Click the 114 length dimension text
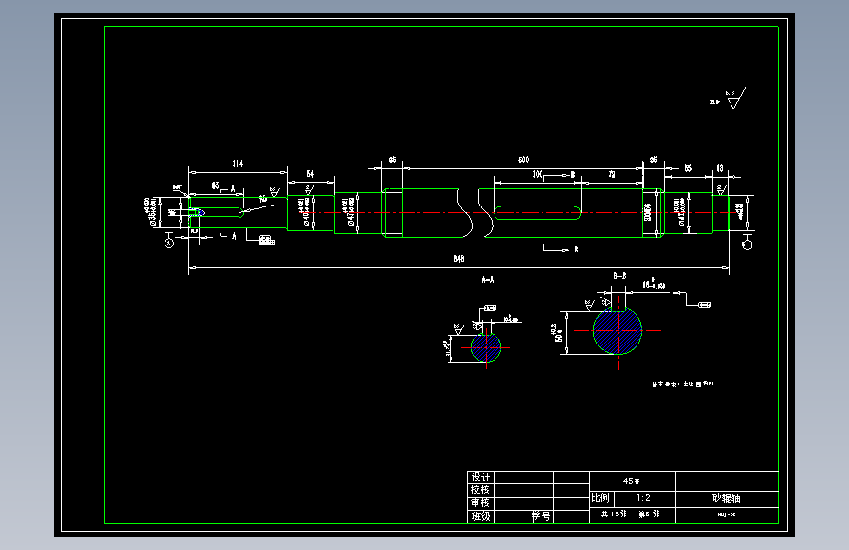coord(237,162)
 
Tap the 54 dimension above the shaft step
coord(310,173)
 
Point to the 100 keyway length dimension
coord(538,174)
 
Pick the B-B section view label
coord(620,277)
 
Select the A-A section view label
coord(487,280)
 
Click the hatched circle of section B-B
coord(618,331)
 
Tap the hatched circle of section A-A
coord(486,347)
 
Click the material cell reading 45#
coord(632,481)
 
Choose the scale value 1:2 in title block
coord(642,498)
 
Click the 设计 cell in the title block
coord(480,477)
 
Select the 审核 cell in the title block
coord(480,503)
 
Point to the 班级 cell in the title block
coord(480,516)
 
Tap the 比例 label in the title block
coord(600,498)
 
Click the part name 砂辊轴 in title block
coord(727,498)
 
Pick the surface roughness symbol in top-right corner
coord(732,99)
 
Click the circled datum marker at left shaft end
coord(169,243)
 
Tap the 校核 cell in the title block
coord(480,489)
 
